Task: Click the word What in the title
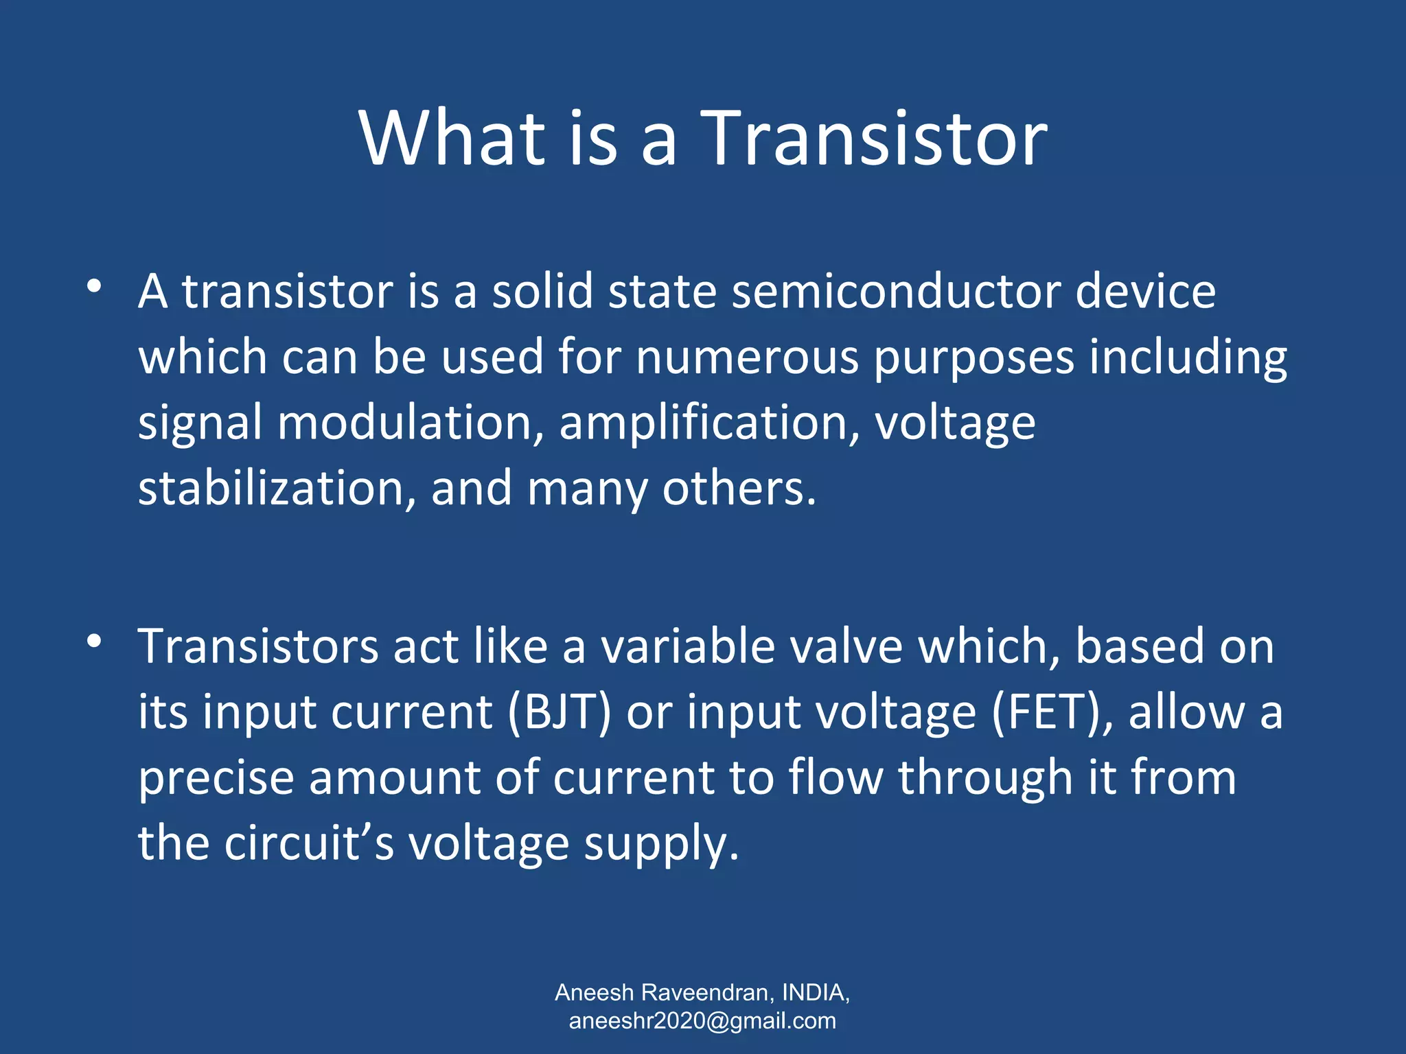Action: (x=452, y=139)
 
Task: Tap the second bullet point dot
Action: (x=95, y=642)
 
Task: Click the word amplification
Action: (x=708, y=423)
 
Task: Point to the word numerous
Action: (x=747, y=358)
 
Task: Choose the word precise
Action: (x=216, y=779)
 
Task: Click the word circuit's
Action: (x=309, y=843)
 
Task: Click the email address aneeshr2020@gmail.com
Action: (x=702, y=1021)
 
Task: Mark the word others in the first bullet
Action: (x=739, y=489)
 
